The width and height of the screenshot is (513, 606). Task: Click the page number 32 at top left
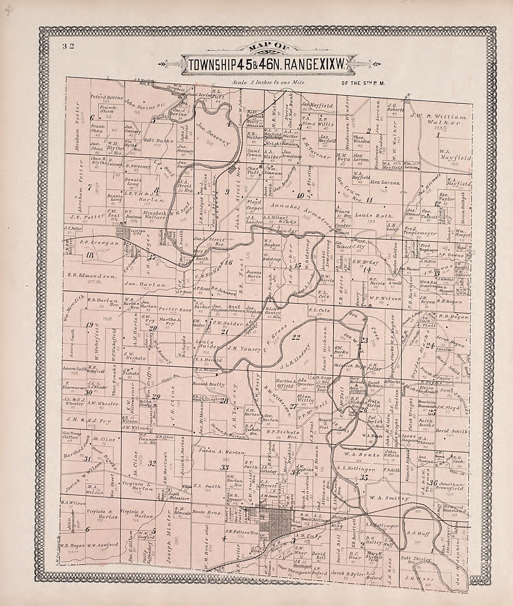pyautogui.click(x=68, y=46)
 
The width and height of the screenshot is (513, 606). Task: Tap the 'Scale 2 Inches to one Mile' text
pyautogui.click(x=269, y=83)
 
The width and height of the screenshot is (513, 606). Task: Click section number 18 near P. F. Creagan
pyautogui.click(x=90, y=255)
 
